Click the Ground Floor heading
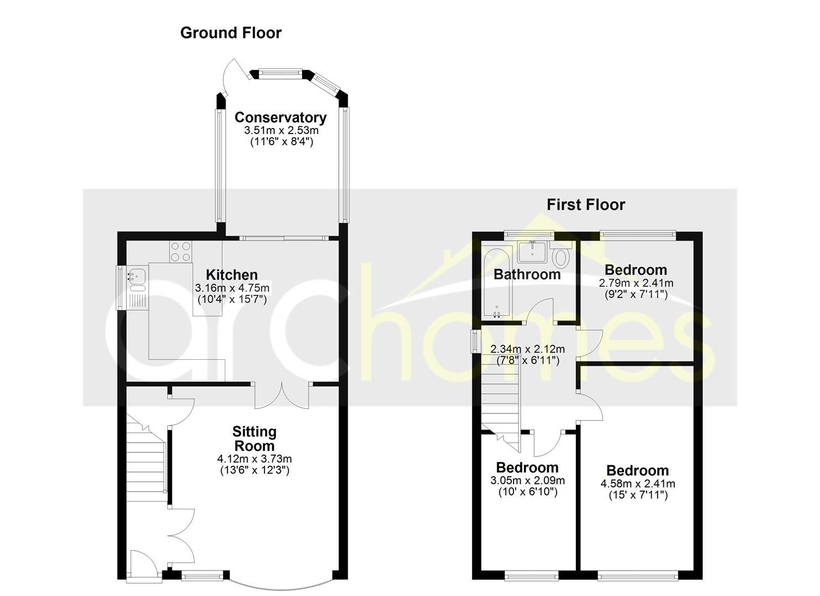[x=231, y=33]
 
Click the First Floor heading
[x=585, y=205]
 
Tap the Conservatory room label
[x=281, y=118]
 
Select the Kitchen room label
[x=232, y=275]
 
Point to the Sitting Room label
[x=254, y=439]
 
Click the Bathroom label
[x=527, y=274]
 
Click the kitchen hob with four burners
[x=180, y=252]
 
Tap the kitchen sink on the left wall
[x=136, y=276]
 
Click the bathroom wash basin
[x=532, y=252]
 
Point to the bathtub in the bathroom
[x=496, y=281]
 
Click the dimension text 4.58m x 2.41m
[x=638, y=484]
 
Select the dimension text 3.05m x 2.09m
[x=527, y=481]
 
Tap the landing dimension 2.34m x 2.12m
[x=527, y=349]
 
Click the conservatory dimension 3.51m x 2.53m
[x=281, y=131]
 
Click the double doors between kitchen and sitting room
[x=282, y=395]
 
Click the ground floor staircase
[x=146, y=458]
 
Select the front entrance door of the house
[x=144, y=566]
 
